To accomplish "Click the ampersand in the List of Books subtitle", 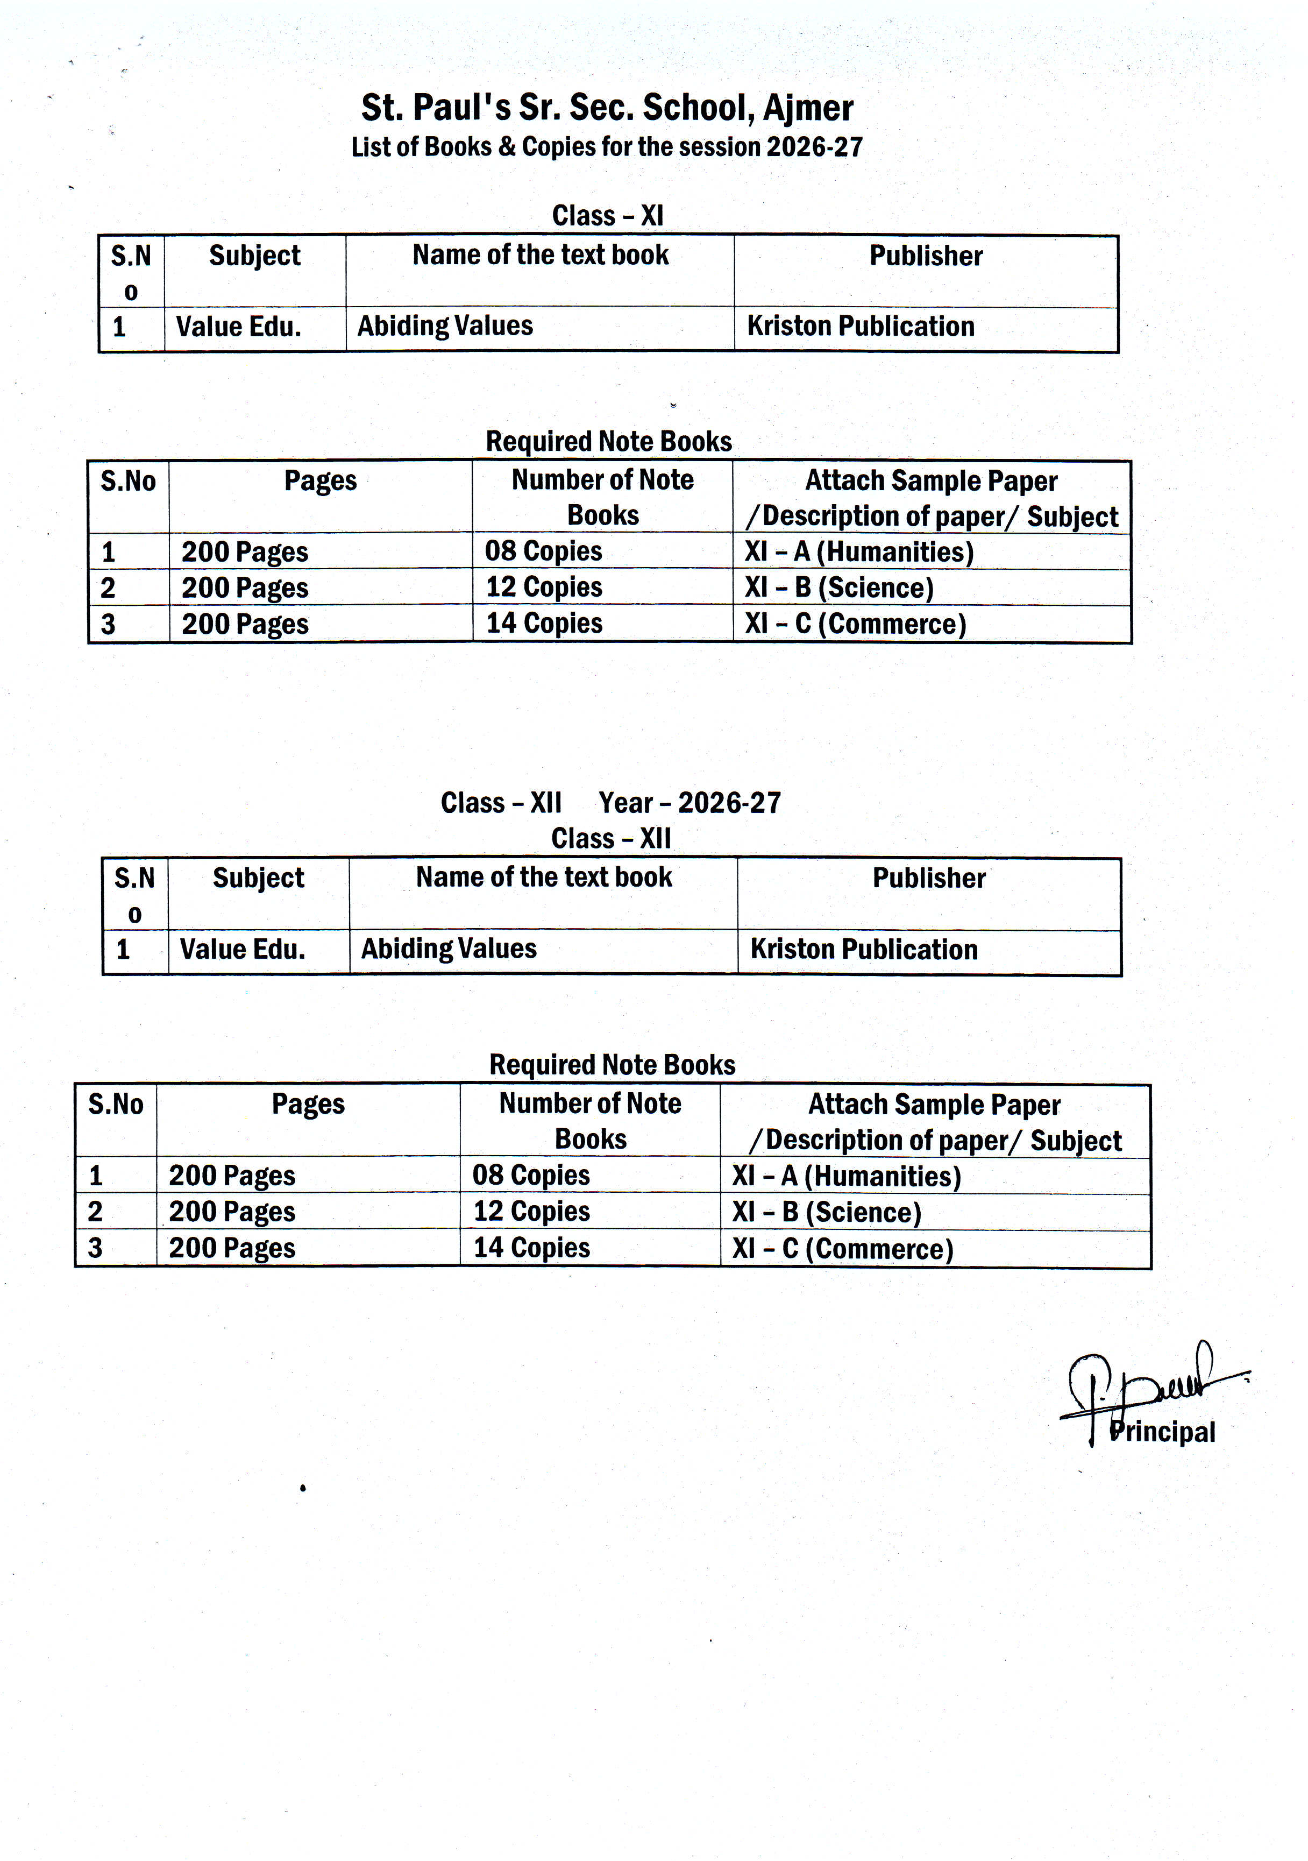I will click(x=507, y=147).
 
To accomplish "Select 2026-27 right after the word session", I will click(x=814, y=147).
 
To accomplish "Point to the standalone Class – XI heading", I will click(x=608, y=216).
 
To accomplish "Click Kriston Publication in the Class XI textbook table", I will click(x=860, y=326).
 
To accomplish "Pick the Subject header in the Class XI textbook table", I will click(x=254, y=256).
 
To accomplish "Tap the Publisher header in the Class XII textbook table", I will click(x=929, y=879).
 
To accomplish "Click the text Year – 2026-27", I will click(x=689, y=802).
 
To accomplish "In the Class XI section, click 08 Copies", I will click(x=543, y=551).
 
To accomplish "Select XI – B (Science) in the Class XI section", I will click(x=839, y=588).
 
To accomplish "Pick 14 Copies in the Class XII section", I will click(x=531, y=1248).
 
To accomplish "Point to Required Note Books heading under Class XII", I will click(x=612, y=1064).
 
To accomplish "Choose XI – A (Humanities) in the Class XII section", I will click(x=846, y=1176).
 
